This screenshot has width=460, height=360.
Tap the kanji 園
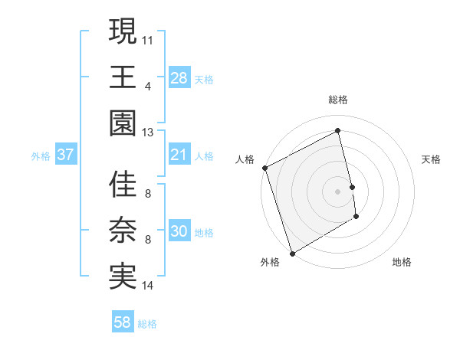click(123, 123)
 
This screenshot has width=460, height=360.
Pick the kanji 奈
click(123, 231)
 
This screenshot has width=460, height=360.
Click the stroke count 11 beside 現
click(148, 38)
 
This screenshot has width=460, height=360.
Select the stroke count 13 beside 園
click(148, 133)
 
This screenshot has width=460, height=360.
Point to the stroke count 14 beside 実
click(148, 286)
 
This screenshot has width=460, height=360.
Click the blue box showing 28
click(179, 77)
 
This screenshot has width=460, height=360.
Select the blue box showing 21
click(179, 155)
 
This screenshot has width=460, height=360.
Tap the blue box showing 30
click(179, 232)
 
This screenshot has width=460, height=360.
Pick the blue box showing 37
click(66, 155)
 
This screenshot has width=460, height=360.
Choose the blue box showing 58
click(122, 322)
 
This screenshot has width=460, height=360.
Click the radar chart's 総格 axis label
click(338, 100)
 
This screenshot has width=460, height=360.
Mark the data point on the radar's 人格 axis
click(264, 168)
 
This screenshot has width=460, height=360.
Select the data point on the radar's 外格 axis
click(292, 253)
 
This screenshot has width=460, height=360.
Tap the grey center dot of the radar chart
click(338, 191)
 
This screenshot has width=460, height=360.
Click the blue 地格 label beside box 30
click(204, 233)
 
